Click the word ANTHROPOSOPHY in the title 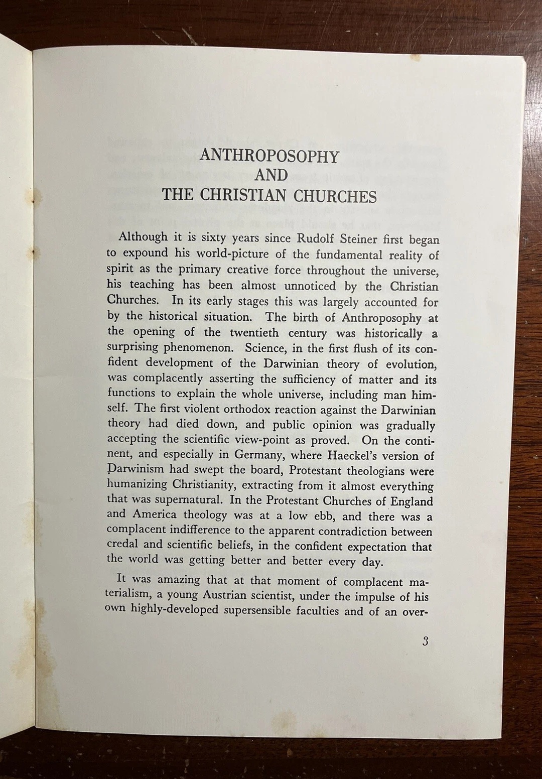click(269, 157)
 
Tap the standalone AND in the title click(271, 176)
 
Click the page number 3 click(426, 641)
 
